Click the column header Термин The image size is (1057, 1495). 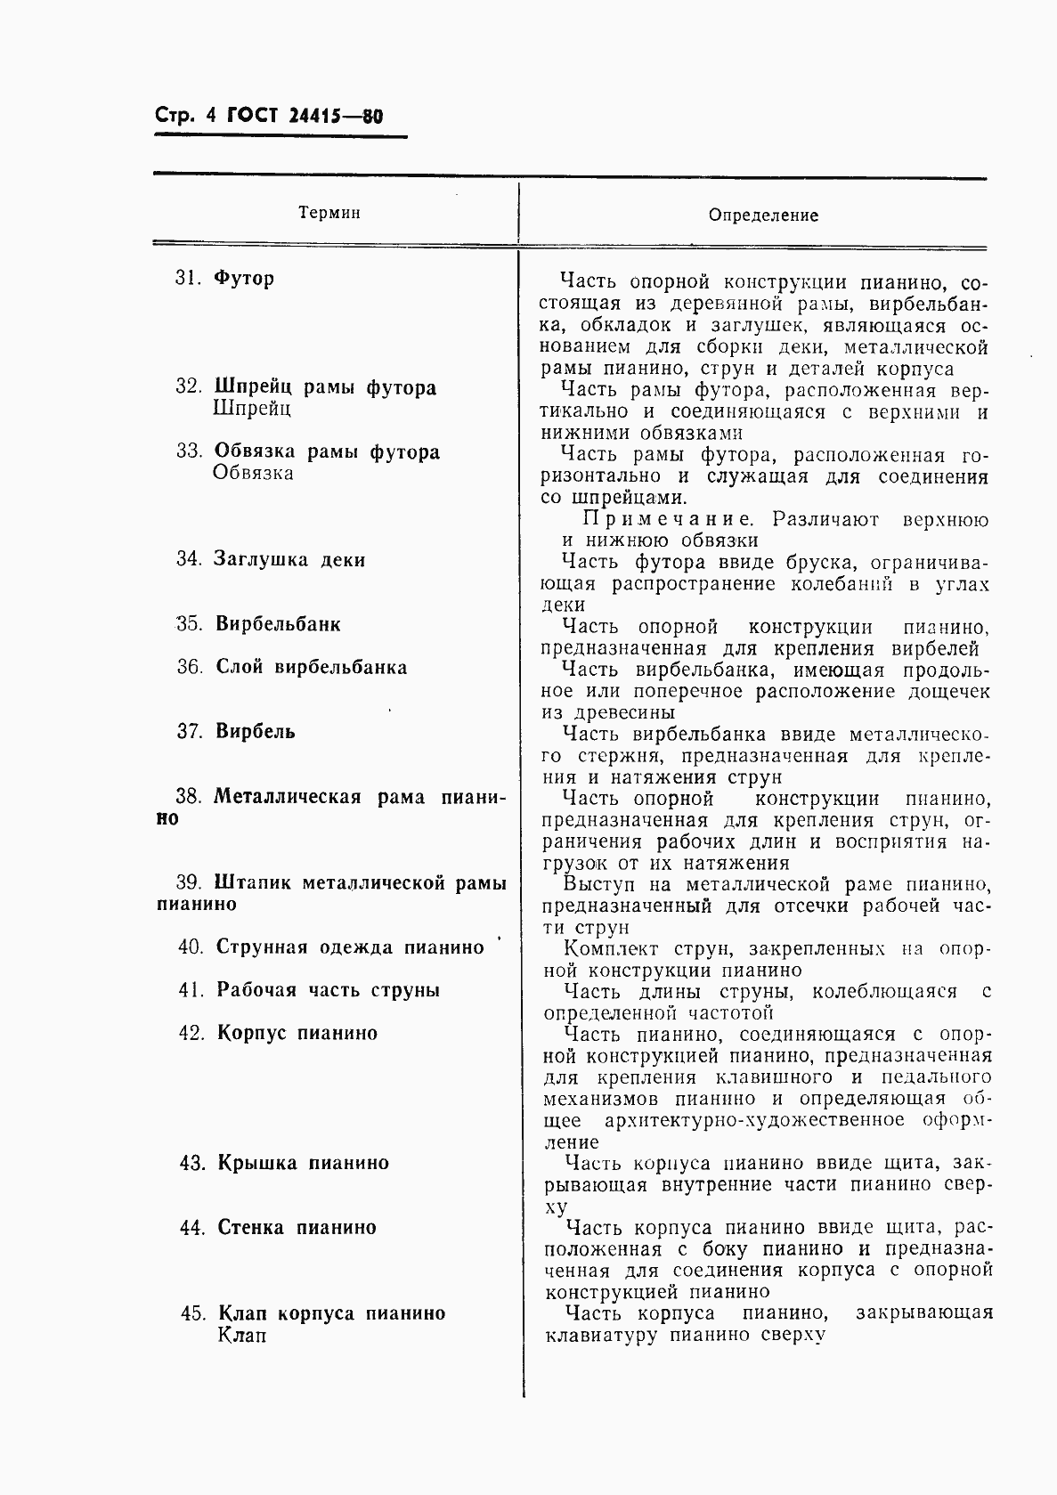pyautogui.click(x=329, y=213)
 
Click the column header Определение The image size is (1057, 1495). pyautogui.click(x=763, y=215)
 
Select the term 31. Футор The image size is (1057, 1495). pyautogui.click(x=224, y=278)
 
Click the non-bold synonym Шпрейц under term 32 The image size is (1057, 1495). pyautogui.click(x=252, y=409)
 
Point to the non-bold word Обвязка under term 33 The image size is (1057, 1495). pyautogui.click(x=253, y=473)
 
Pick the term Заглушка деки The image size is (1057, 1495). pyautogui.click(x=289, y=559)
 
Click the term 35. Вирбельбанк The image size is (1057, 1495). pyautogui.click(x=258, y=623)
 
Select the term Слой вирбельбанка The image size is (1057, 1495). pyautogui.click(x=311, y=667)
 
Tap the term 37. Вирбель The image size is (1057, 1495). pyautogui.click(x=235, y=731)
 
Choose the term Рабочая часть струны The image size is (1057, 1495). pyautogui.click(x=328, y=990)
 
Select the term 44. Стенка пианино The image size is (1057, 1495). pyautogui.click(x=278, y=1227)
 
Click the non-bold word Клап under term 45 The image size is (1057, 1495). pyautogui.click(x=241, y=1336)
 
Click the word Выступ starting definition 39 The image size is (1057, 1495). pyautogui.click(x=598, y=884)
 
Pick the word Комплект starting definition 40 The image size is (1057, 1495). pyautogui.click(x=607, y=949)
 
